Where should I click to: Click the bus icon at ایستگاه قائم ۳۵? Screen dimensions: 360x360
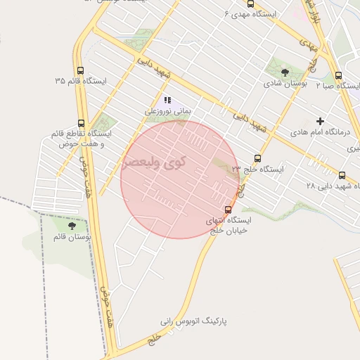[x=80, y=71]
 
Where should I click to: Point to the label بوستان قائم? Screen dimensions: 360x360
[x=72, y=236]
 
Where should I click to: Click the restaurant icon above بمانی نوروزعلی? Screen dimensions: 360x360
[x=167, y=100]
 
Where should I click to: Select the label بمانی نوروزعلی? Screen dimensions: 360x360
[x=167, y=110]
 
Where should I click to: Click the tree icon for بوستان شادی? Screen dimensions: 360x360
[x=285, y=72]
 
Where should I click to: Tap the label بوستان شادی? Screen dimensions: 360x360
[x=285, y=84]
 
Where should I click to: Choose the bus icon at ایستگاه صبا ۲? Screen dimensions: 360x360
[x=338, y=75]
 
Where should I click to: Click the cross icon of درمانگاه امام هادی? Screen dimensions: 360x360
[x=321, y=121]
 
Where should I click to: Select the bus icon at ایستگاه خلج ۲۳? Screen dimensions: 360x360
[x=257, y=159]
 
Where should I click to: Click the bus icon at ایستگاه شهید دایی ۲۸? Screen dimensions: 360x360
[x=342, y=175]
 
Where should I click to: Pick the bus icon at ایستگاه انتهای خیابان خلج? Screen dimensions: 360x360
[x=228, y=210]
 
